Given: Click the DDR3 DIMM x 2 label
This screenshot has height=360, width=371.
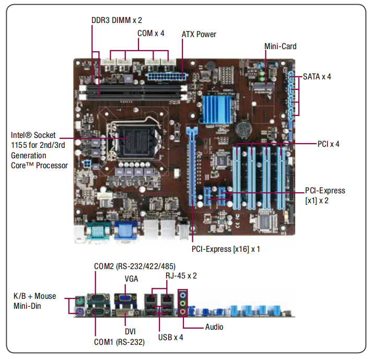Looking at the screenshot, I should tap(116, 20).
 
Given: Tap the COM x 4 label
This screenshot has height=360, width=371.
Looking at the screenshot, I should tap(150, 33).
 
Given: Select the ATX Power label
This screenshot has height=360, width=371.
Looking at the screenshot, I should tap(199, 34).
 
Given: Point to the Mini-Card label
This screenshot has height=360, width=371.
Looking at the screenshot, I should tap(280, 47).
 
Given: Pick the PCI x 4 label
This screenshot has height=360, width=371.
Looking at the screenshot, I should tap(328, 144).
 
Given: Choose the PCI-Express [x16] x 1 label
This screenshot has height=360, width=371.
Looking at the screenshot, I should tap(226, 249).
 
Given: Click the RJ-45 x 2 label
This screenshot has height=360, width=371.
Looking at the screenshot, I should tap(181, 275).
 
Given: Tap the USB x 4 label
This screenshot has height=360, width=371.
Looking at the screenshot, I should tap(171, 337).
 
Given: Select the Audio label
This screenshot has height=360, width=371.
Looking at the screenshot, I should tap(214, 327).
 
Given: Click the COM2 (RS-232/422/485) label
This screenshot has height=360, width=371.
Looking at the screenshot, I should tap(135, 266).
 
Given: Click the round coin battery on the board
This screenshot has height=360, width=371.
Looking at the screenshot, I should tap(244, 129).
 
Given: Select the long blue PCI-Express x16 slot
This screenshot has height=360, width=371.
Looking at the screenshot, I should tap(191, 167).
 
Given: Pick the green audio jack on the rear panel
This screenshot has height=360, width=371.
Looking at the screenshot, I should tap(183, 303).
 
